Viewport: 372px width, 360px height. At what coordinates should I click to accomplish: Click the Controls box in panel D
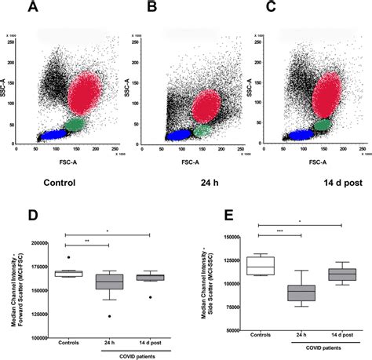(69, 273)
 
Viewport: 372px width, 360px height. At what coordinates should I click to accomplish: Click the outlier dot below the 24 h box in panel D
(109, 316)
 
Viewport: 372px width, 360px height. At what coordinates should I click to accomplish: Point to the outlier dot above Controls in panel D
(69, 257)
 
